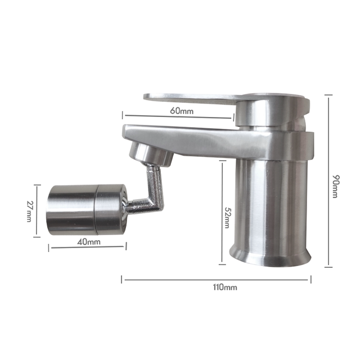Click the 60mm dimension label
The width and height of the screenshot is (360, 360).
(181, 111)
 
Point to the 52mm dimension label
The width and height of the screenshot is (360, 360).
(228, 217)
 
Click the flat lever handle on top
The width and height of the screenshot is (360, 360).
(191, 98)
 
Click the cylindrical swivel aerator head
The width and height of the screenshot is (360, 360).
(84, 209)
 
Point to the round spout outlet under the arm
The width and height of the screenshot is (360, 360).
(150, 155)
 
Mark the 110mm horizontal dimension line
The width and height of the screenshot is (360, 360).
(169, 278)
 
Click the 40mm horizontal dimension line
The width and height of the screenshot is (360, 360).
(87, 247)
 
